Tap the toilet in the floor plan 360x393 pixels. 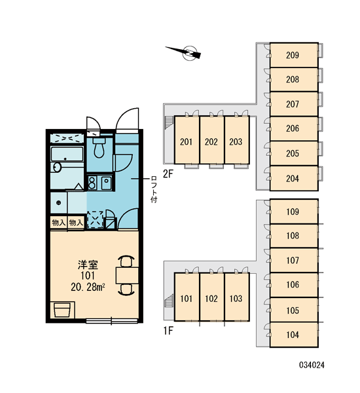point(99,147)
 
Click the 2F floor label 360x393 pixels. point(168,174)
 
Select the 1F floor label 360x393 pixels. point(168,331)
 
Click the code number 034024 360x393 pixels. point(312,365)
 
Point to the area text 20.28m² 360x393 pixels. point(88,287)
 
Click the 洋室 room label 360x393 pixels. point(88,265)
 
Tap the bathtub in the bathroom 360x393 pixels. point(67,154)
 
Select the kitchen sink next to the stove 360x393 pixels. point(107,183)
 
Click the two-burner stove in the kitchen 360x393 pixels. point(92,183)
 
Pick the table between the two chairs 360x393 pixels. point(127,275)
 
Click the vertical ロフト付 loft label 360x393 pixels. point(154,189)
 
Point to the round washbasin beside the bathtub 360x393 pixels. point(56,168)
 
